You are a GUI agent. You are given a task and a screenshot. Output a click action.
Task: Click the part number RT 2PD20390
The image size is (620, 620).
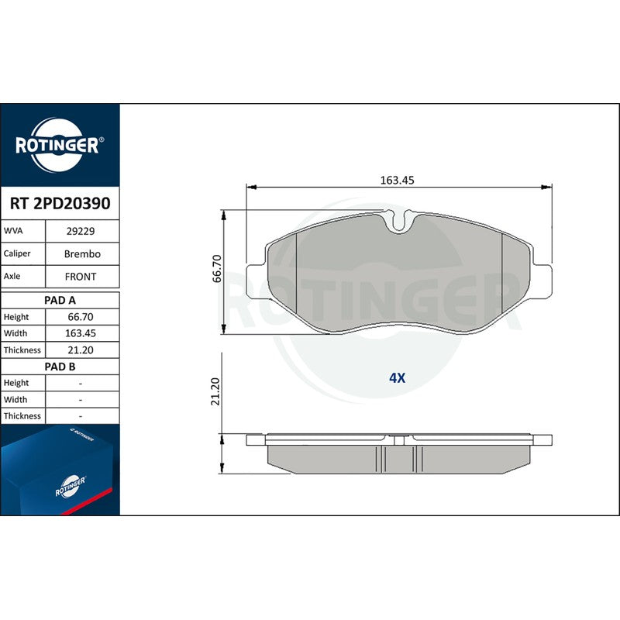point(60,203)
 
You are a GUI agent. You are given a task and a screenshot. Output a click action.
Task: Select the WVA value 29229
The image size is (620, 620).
point(81,231)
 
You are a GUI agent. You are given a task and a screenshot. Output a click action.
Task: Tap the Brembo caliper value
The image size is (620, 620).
point(82,254)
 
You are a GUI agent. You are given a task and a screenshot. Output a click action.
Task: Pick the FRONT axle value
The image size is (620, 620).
point(81,277)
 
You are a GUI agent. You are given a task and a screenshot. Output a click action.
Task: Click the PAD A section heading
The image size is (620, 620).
point(60,301)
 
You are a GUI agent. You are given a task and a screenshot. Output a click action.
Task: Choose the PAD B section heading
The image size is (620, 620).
point(60,367)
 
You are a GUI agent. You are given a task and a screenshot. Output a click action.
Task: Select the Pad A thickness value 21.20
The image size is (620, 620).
point(81,350)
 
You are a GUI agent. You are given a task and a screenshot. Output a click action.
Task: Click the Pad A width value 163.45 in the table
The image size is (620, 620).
point(81,333)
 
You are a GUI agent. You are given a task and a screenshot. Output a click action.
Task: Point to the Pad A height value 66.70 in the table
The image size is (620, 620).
point(81,317)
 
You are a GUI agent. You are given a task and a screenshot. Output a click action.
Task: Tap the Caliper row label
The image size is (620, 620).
point(17,253)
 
